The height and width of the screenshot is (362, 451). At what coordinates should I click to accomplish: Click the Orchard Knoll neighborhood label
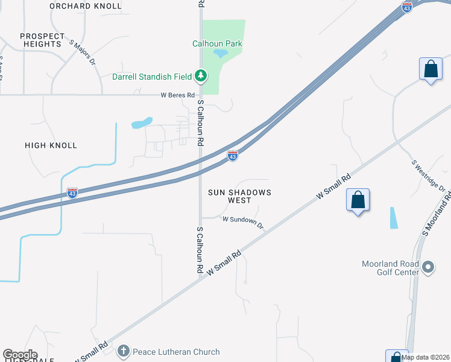point(85,6)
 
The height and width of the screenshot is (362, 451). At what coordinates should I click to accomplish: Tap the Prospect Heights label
point(42,40)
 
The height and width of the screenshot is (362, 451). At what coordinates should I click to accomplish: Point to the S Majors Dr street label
point(83,52)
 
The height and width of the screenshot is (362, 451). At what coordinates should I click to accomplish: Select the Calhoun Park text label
point(217,43)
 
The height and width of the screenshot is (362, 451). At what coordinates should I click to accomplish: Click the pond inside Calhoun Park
point(220,54)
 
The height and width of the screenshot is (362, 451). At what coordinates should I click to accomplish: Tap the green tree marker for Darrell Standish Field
point(201,76)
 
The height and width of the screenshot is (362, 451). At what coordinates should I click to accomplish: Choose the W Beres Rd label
point(178,95)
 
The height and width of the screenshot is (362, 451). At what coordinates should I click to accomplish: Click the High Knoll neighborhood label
point(51,145)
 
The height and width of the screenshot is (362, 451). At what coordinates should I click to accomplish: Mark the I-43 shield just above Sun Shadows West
point(233,156)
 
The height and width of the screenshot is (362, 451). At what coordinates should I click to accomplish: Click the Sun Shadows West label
point(239,196)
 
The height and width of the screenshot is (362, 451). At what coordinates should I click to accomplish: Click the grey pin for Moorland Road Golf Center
point(428,266)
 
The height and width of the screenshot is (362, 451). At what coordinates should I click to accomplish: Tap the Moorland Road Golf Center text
point(390,268)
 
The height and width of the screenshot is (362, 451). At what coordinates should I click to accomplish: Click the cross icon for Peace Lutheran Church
point(124,351)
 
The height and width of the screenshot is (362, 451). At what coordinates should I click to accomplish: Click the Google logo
point(20,355)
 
